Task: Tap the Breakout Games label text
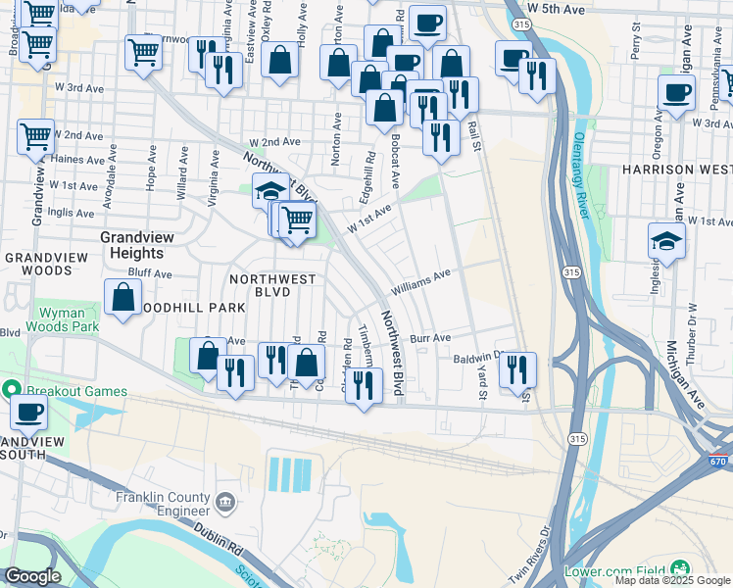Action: [x=75, y=391]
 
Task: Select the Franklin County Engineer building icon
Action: [x=225, y=504]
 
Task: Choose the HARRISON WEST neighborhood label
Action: [x=676, y=170]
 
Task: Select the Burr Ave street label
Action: [x=430, y=337]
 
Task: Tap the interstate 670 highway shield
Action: [x=719, y=461]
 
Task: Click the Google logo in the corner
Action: [x=32, y=576]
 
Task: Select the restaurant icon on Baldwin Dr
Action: [x=517, y=369]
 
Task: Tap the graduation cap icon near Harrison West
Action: [x=666, y=240]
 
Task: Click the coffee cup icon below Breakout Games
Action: [x=28, y=413]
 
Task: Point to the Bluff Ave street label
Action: [x=150, y=274]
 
